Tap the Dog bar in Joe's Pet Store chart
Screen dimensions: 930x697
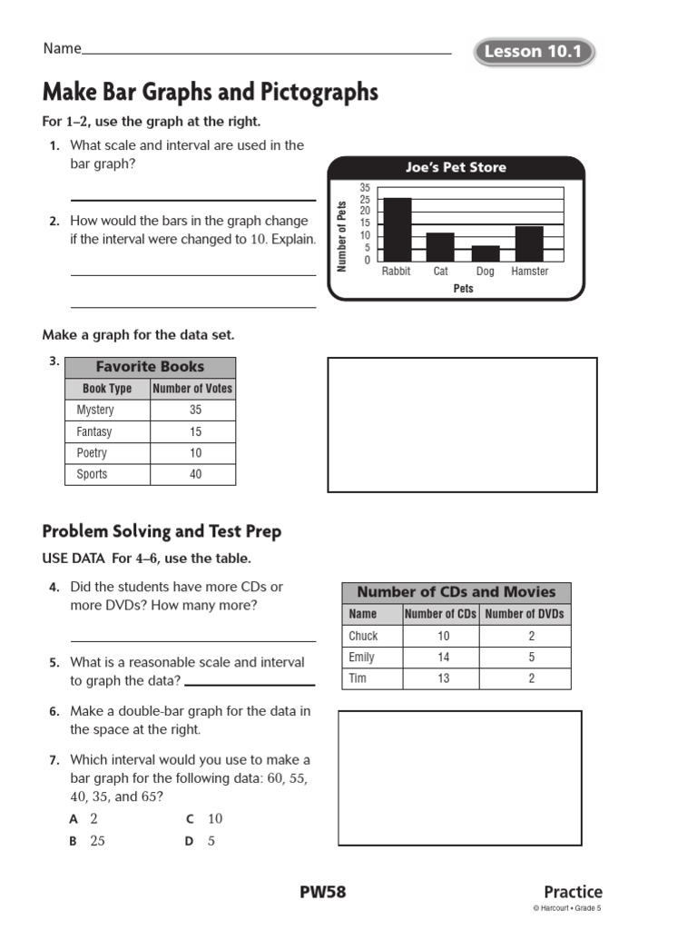click(x=486, y=253)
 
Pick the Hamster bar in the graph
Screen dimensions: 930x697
click(x=529, y=243)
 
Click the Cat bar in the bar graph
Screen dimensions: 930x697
click(x=440, y=247)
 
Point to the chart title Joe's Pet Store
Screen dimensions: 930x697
click(x=456, y=168)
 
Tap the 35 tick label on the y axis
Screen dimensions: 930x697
click(x=365, y=188)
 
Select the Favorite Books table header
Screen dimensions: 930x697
click(x=150, y=367)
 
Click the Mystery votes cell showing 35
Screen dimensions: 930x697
click(x=195, y=411)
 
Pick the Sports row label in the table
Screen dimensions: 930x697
click(x=92, y=474)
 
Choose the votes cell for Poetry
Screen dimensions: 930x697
click(x=195, y=453)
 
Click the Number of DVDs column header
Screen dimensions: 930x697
click(x=525, y=614)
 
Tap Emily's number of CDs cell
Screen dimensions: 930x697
click(x=442, y=658)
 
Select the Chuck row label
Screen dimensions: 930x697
click(x=363, y=636)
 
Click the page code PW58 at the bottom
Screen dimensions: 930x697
click(x=323, y=892)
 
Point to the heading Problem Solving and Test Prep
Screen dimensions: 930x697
click(x=162, y=531)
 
